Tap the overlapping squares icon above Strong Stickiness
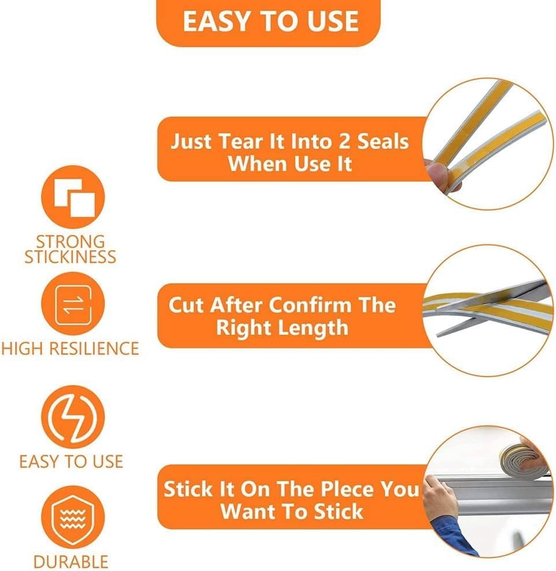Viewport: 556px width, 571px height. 73,197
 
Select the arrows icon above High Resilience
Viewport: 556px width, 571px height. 73,303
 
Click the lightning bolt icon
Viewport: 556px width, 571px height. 73,418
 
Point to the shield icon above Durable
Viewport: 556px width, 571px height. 73,517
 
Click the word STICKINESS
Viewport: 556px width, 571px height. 70,257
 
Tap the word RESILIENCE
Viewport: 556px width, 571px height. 94,349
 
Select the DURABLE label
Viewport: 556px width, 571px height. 71,562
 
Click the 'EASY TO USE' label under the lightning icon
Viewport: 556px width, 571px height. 71,462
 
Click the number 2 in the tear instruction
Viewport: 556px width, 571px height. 344,141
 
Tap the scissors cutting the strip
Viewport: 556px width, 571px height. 492,306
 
